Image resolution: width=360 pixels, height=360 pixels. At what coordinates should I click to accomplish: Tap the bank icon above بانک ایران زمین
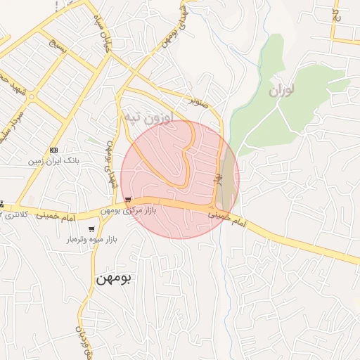53,150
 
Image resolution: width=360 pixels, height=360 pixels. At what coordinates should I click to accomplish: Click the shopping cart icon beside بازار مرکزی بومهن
127,200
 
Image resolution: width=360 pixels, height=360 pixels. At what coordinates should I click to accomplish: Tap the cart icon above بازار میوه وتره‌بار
91,229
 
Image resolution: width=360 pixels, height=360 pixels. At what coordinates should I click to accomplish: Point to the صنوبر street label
198,101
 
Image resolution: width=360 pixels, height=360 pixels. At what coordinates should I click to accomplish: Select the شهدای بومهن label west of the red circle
110,162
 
